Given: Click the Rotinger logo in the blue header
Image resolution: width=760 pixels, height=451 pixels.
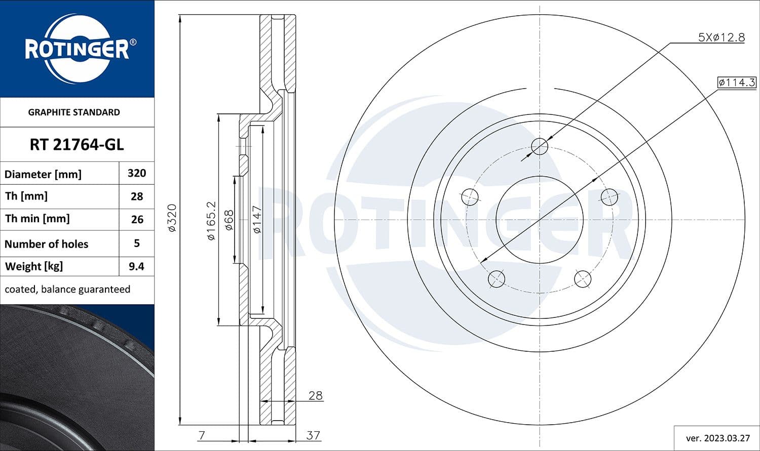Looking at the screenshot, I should click(x=77, y=49).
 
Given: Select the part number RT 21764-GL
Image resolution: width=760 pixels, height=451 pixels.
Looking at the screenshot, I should click(x=77, y=145).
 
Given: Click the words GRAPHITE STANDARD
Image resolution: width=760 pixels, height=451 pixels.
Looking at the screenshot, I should click(x=74, y=112).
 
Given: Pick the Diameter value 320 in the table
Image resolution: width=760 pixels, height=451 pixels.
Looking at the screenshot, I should click(x=137, y=173).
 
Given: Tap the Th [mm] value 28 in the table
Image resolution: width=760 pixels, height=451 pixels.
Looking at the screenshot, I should click(x=137, y=196).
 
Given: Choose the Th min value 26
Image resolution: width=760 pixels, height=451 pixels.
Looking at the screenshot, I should click(x=137, y=220).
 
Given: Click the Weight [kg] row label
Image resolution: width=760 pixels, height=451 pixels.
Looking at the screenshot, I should click(x=33, y=266).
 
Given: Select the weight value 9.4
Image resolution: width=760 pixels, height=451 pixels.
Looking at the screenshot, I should click(x=136, y=266).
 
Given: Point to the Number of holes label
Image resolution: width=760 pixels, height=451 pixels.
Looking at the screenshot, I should click(x=46, y=244).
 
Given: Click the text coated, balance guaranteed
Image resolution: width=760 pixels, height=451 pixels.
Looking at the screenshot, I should click(x=67, y=290).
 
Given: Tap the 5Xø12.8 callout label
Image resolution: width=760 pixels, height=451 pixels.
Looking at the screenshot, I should click(x=721, y=37).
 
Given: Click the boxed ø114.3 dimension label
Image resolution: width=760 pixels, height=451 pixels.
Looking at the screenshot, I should click(x=737, y=82).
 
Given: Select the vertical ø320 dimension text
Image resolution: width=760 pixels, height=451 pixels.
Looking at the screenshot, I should click(x=172, y=218).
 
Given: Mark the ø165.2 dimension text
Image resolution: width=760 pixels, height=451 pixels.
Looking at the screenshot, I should click(x=211, y=220).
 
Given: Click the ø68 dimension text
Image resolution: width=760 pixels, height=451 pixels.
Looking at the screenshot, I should click(x=229, y=220).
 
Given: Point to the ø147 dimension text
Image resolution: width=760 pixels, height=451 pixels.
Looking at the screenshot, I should click(x=257, y=219).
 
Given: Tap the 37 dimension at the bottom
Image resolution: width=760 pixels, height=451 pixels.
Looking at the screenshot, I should click(x=313, y=435).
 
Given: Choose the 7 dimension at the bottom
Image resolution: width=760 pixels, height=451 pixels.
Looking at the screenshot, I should click(x=202, y=435).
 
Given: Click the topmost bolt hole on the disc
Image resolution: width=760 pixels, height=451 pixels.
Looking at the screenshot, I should click(x=540, y=147).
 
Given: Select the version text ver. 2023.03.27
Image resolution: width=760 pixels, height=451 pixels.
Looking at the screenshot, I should click(x=717, y=438).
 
